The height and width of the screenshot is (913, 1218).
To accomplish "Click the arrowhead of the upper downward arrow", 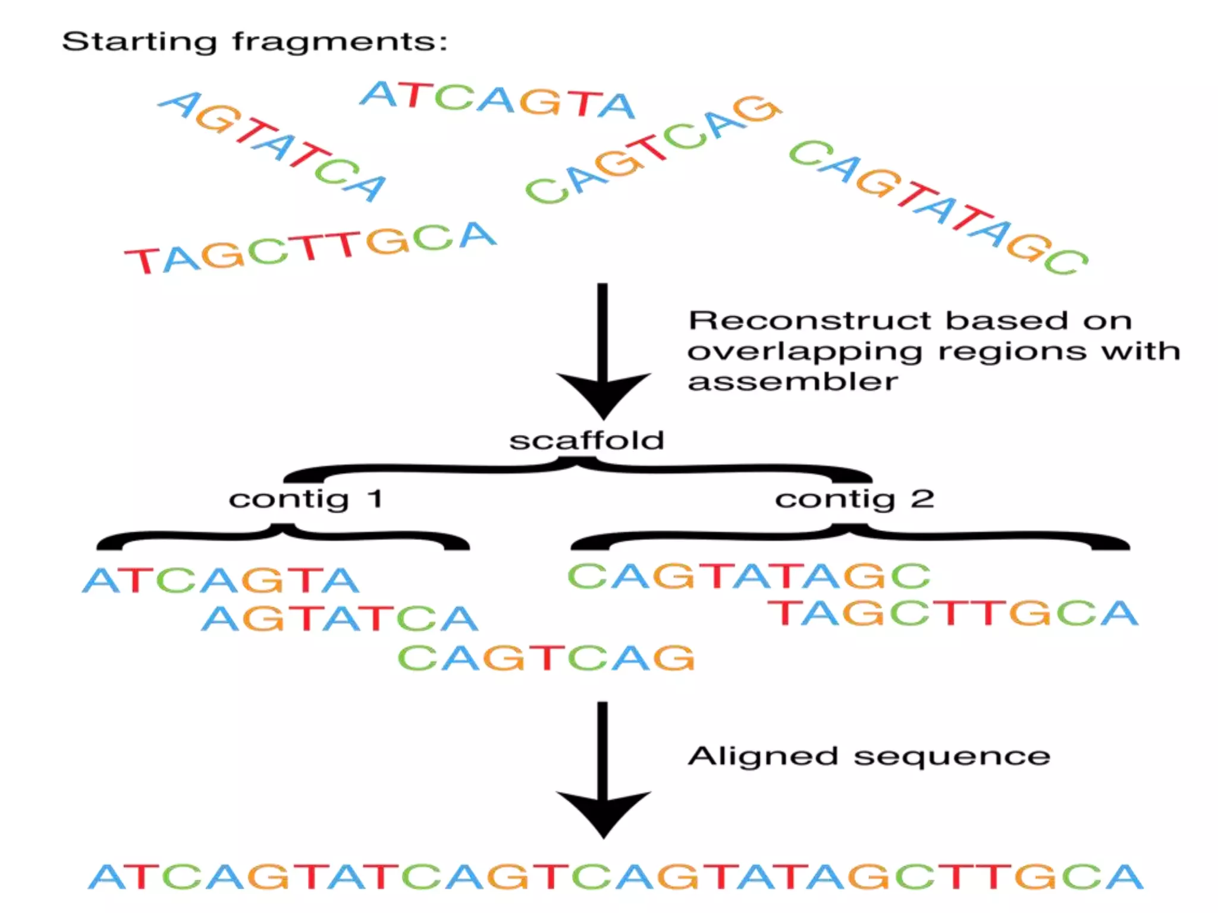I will coord(603,395).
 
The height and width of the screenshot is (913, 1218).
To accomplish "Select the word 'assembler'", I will coord(792,382).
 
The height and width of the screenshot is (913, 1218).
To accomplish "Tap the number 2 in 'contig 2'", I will coord(922,499).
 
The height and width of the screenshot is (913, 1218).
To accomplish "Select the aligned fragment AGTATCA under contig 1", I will coord(340,618).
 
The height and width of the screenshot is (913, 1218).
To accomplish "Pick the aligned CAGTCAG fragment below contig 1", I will coord(546,657).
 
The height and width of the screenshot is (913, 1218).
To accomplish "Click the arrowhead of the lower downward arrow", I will coord(603,814).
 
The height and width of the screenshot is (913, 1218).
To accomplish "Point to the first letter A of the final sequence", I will coord(108,877).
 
